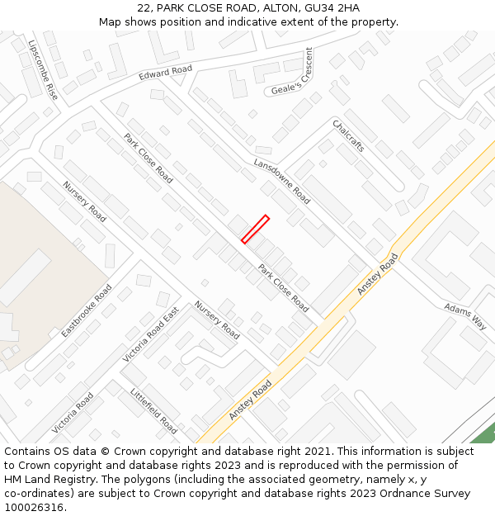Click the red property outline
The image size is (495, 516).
coord(255,230)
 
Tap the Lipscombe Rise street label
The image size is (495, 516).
coord(42,69)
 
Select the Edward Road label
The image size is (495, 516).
coord(165,73)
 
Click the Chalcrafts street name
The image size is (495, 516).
coord(348,135)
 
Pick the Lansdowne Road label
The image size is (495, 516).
coord(281,181)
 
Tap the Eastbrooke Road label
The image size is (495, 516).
coord(86,310)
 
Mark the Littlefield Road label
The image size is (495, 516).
coord(153,411)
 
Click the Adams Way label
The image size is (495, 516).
coord(465,315)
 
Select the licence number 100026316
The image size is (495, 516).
coord(34,508)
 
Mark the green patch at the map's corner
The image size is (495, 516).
coord(487,435)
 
